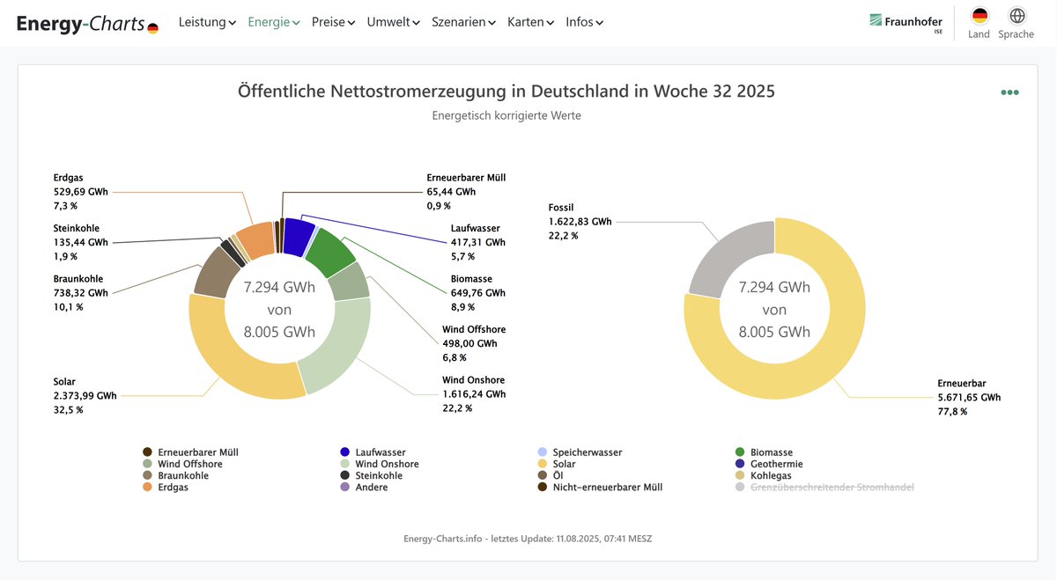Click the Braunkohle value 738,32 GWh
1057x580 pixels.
click(x=80, y=293)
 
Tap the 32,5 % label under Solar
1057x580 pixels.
click(x=68, y=410)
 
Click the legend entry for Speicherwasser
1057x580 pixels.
click(x=587, y=452)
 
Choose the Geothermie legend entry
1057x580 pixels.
click(x=776, y=464)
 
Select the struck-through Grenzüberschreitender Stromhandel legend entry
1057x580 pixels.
click(x=832, y=487)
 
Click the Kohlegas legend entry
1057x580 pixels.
click(x=770, y=475)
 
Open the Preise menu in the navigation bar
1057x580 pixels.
click(x=333, y=22)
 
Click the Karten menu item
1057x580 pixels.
click(x=530, y=22)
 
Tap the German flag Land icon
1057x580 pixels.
click(x=979, y=16)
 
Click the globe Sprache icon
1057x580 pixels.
click(x=1016, y=16)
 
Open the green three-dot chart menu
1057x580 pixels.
click(x=1009, y=92)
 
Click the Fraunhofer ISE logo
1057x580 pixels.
click(x=905, y=22)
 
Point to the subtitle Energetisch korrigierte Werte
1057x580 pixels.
click(x=506, y=115)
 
